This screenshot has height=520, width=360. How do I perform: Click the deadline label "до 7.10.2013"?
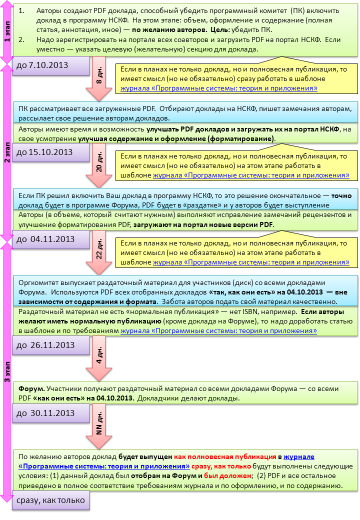pyautogui.click(x=43, y=65)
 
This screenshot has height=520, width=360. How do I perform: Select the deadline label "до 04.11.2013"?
pyautogui.click(x=45, y=239)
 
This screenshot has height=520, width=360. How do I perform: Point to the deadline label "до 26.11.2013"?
pyautogui.click(x=45, y=345)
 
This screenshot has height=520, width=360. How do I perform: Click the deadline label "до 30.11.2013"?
pyautogui.click(x=45, y=413)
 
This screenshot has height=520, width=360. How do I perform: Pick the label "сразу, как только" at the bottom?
pyautogui.click(x=51, y=500)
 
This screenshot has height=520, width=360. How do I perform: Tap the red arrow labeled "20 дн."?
pyautogui.click(x=99, y=165)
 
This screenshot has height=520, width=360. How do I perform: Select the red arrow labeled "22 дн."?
pyautogui.click(x=99, y=252)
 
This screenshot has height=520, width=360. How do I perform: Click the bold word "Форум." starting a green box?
pyautogui.click(x=32, y=388)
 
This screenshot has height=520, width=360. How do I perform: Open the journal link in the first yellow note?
pyautogui.click(x=219, y=88)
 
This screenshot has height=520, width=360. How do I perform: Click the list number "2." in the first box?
pyautogui.click(x=21, y=39)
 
